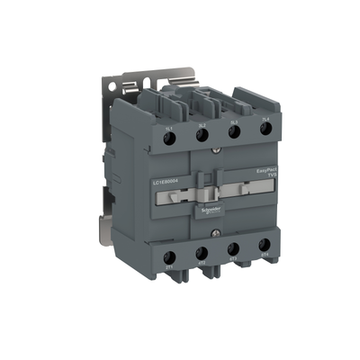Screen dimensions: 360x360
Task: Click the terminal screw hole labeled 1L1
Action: [x=169, y=136]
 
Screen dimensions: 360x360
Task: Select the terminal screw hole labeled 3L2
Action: [x=202, y=135]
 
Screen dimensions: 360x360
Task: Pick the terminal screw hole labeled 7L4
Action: [x=265, y=129]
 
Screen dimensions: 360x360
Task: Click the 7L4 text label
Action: [x=265, y=118]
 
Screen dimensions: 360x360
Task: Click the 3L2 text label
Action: [x=202, y=124]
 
